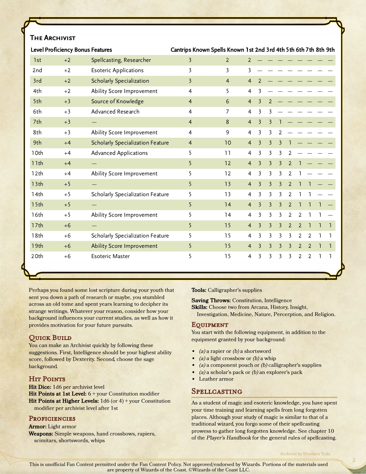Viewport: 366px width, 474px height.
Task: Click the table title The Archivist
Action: pyautogui.click(x=53, y=38)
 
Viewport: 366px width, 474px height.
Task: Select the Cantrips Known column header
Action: pyautogui.click(x=190, y=50)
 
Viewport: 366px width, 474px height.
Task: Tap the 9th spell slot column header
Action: pyautogui.click(x=330, y=50)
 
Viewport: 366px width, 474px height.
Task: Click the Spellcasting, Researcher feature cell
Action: pyautogui.click(x=121, y=60)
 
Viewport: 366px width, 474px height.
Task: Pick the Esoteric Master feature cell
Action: pyautogui.click(x=111, y=256)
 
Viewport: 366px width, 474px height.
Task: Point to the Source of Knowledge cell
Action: pyautogui.click(x=117, y=101)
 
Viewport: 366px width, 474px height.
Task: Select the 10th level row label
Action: pyautogui.click(x=37, y=153)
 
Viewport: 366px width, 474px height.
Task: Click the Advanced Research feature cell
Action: pyautogui.click(x=115, y=112)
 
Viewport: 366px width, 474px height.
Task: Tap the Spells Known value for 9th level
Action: pyautogui.click(x=228, y=143)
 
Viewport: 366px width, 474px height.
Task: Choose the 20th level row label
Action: pyautogui.click(x=37, y=256)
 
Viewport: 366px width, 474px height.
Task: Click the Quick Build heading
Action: pyautogui.click(x=50, y=338)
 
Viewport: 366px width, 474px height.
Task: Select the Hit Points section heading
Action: pyautogui.click(x=47, y=379)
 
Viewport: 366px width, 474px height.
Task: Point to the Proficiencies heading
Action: pyautogui.click(x=52, y=418)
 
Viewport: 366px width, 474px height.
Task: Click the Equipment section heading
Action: pyautogui.click(x=210, y=324)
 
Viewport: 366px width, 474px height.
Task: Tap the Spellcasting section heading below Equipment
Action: pyautogui.click(x=217, y=391)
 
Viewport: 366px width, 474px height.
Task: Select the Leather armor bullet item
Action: pyautogui.click(x=216, y=379)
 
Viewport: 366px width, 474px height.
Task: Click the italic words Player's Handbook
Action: pyautogui.click(x=229, y=438)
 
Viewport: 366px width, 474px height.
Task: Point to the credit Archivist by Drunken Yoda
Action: pyautogui.click(x=305, y=454)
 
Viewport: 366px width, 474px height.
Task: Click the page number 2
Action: pyautogui.click(x=354, y=460)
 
